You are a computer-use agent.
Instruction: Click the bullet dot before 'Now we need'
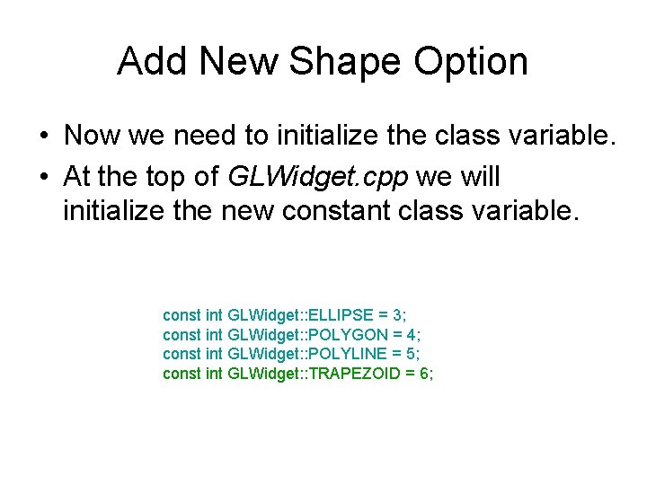click(43, 137)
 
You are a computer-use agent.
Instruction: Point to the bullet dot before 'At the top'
click(43, 178)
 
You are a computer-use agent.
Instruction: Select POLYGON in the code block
click(346, 335)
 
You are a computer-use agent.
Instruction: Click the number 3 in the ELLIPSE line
click(398, 315)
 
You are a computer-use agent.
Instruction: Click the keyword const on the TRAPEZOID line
click(182, 374)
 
